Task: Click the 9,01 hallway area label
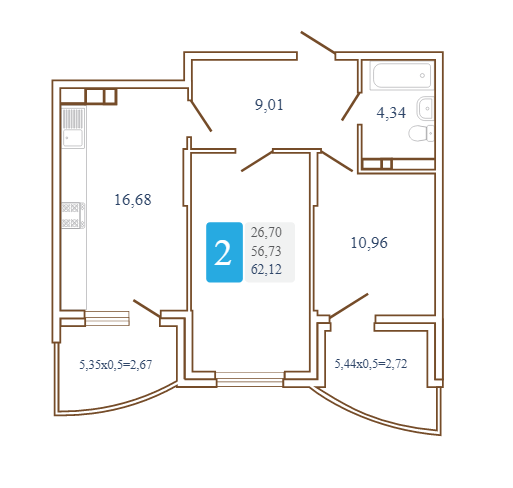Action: (x=269, y=105)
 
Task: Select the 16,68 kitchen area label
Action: (x=133, y=200)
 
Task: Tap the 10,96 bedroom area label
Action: (x=369, y=243)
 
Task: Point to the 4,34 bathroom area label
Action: (x=391, y=113)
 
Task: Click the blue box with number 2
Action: (x=224, y=252)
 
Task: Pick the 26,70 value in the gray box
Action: (x=266, y=232)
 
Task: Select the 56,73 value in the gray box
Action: (x=266, y=251)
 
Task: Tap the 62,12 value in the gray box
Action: (x=266, y=269)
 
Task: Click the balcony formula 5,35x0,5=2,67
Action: (x=116, y=364)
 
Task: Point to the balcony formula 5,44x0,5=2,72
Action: (x=371, y=364)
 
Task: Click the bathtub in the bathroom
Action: (x=402, y=76)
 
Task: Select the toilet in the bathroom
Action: (x=421, y=133)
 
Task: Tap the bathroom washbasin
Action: (x=425, y=108)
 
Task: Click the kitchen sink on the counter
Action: (x=73, y=128)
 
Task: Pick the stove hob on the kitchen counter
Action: (x=73, y=215)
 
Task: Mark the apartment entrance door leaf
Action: (x=318, y=42)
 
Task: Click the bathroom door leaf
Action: (x=351, y=106)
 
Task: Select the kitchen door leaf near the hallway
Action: (x=201, y=115)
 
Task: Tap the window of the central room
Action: (x=250, y=379)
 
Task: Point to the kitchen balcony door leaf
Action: (x=147, y=308)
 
